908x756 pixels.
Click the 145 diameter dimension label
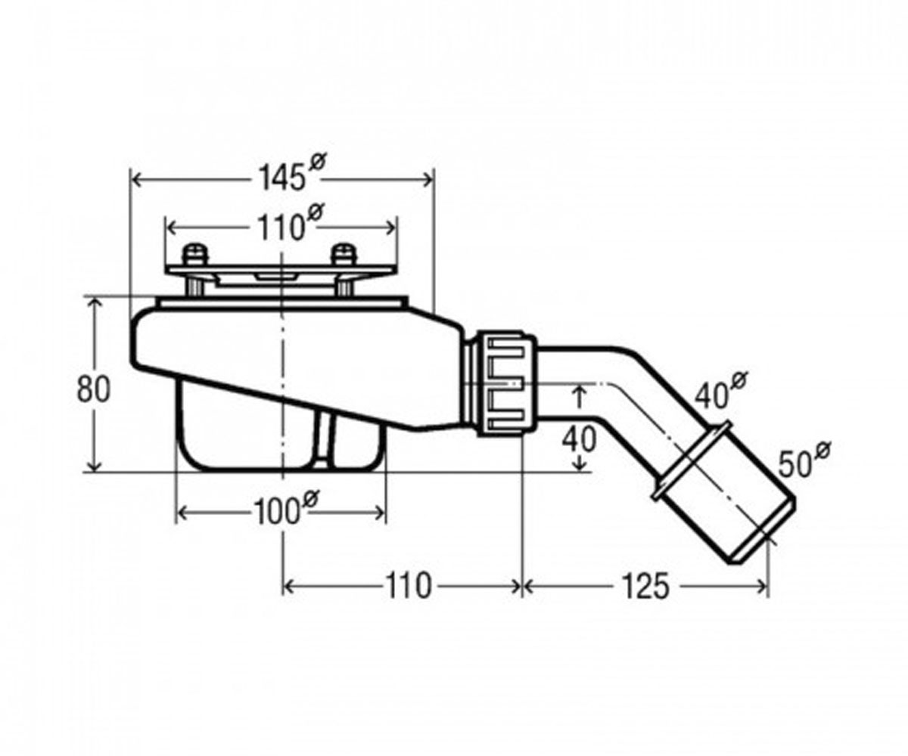pyautogui.click(x=292, y=173)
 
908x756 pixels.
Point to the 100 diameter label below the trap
pyautogui.click(x=286, y=508)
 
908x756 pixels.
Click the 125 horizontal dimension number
pyautogui.click(x=645, y=587)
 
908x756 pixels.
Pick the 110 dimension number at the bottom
pyautogui.click(x=409, y=587)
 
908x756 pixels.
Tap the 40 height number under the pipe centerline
pyautogui.click(x=579, y=440)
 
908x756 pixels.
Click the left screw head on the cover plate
pyautogui.click(x=195, y=254)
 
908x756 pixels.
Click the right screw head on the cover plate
pyautogui.click(x=344, y=254)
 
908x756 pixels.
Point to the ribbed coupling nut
pyautogui.click(x=507, y=383)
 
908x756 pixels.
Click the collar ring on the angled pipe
pyautogui.click(x=692, y=460)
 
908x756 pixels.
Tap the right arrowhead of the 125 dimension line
pyautogui.click(x=761, y=587)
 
